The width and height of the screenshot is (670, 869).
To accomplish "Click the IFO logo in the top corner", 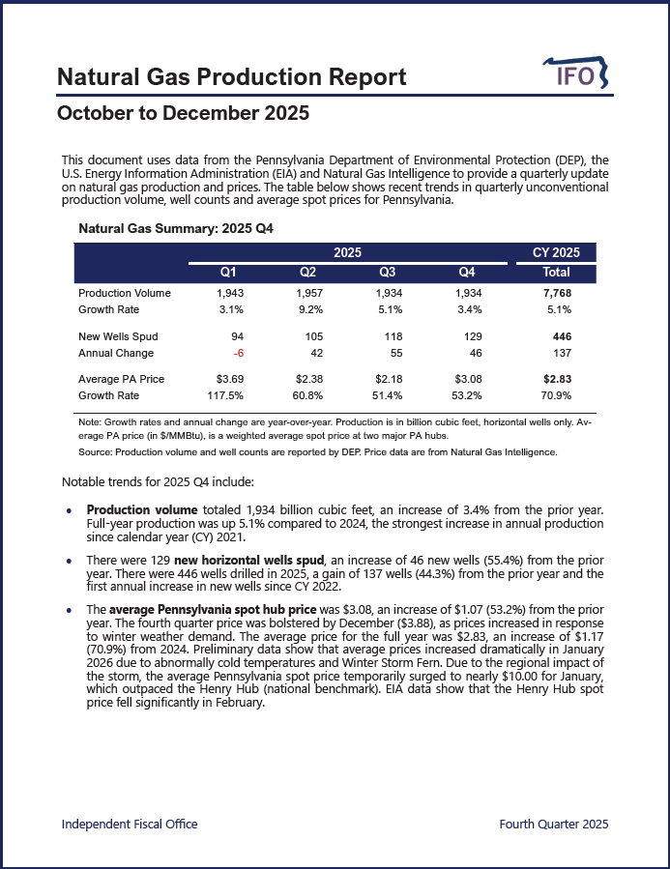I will click(x=578, y=74).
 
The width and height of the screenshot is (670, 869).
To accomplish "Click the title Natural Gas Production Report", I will click(x=231, y=77).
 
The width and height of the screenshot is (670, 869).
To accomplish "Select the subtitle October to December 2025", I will click(x=183, y=114).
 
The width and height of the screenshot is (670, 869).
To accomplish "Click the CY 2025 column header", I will click(x=556, y=252).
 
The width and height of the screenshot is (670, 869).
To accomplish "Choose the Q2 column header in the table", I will click(x=309, y=273).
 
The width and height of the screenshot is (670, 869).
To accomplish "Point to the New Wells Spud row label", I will click(x=118, y=336).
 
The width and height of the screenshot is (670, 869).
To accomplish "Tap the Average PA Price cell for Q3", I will click(x=390, y=379).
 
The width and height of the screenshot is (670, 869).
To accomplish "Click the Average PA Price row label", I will click(x=121, y=379).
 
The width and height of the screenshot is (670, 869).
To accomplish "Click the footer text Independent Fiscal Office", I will click(x=130, y=824).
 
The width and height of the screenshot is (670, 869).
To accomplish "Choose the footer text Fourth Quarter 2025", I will click(x=553, y=824).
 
